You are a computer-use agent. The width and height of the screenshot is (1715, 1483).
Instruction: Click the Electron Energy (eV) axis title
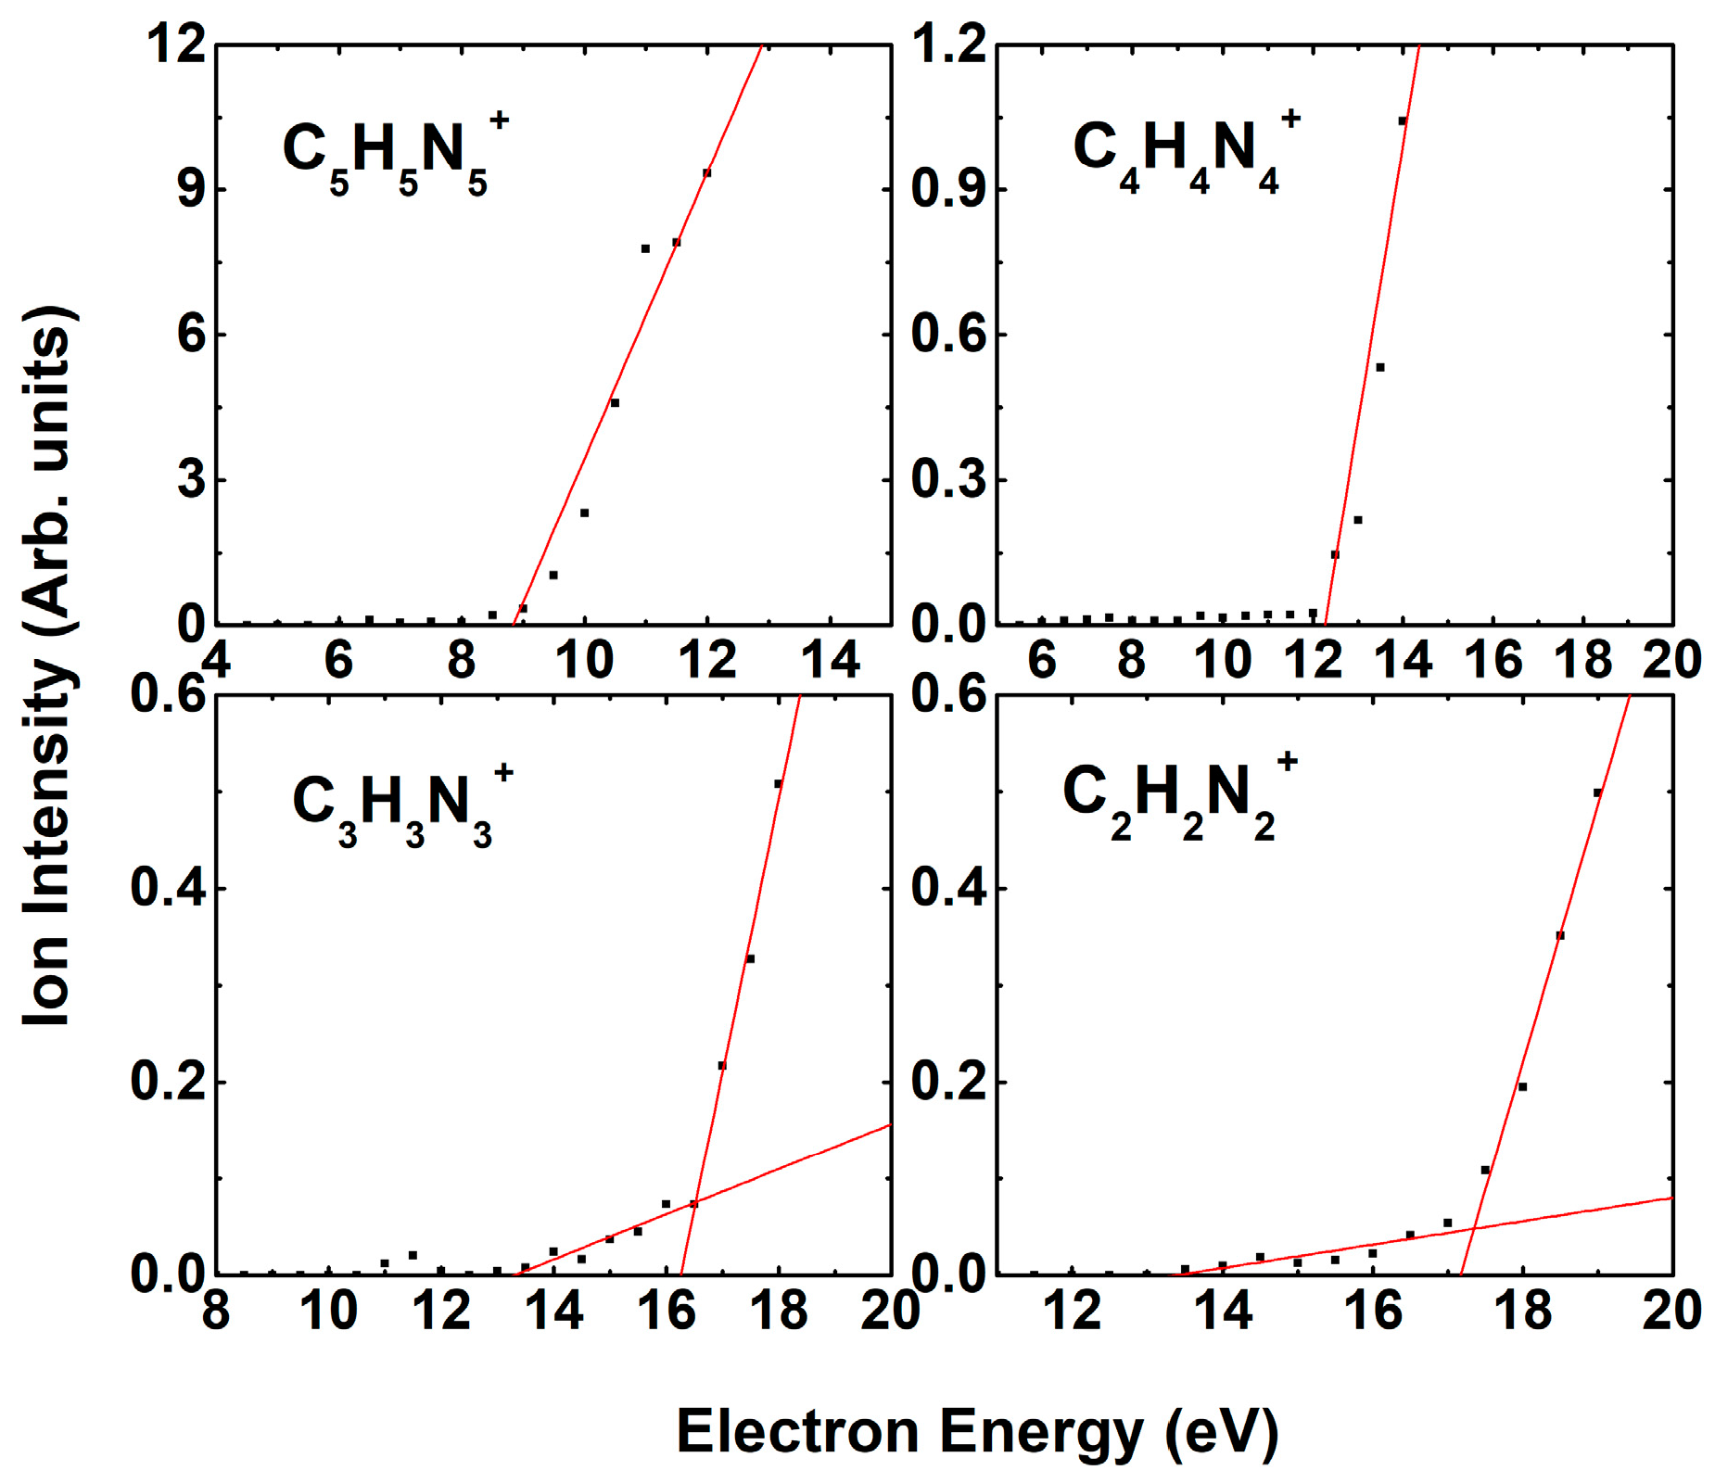point(977,1431)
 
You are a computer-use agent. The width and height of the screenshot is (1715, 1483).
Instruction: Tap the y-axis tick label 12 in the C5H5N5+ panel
point(176,44)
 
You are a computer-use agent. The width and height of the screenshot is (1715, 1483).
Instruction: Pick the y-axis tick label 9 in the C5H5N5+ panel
point(190,190)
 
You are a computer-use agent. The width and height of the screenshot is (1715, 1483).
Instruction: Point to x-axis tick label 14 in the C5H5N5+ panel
point(831,660)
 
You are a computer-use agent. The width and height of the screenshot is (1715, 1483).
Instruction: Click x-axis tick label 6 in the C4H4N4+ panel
point(1042,660)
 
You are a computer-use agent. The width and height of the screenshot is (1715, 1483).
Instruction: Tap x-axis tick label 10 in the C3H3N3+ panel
point(329,1311)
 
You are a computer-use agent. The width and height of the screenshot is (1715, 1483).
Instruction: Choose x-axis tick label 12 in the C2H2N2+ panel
point(1073,1311)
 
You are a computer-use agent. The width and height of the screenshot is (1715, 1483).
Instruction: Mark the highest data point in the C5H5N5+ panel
point(706,172)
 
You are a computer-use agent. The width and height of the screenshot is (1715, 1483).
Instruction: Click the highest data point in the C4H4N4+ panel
point(1403,120)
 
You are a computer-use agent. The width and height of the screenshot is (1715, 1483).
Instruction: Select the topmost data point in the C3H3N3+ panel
point(779,784)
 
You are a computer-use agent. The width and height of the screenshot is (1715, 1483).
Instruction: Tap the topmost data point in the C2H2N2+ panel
point(1597,792)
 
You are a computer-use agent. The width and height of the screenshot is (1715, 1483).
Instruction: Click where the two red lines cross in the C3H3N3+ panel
point(693,1203)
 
